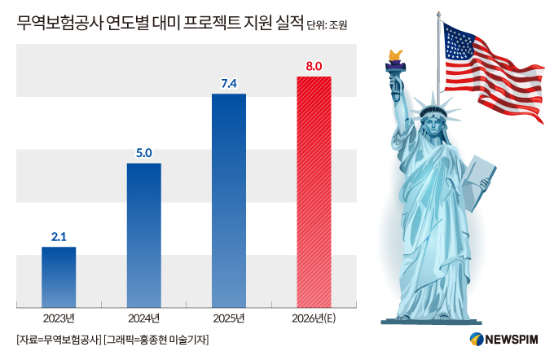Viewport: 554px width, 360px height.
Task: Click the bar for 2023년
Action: pos(59,277)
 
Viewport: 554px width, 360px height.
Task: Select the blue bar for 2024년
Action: pos(144,235)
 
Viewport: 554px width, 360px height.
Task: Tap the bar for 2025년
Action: pos(229,200)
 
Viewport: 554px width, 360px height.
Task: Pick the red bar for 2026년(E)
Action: pos(314,191)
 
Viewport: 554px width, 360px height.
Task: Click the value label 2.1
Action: pos(59,237)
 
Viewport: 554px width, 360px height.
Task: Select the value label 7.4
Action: pos(229,84)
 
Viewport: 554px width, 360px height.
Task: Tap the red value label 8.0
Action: pos(314,66)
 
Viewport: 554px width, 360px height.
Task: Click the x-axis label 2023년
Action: pos(59,318)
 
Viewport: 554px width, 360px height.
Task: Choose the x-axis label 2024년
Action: pos(144,318)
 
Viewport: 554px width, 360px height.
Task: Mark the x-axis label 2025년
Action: pos(229,318)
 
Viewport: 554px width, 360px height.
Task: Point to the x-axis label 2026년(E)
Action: pos(314,318)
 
